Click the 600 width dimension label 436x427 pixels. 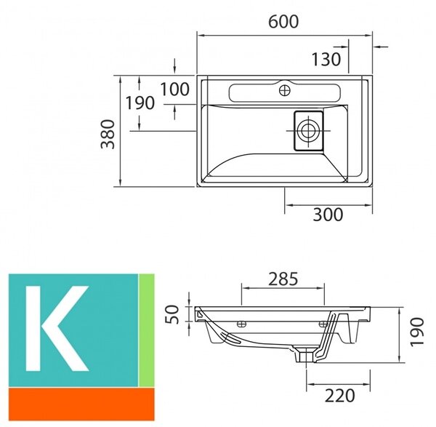point(283,22)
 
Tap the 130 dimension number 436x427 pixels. point(326,60)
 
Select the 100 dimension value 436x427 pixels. point(175,89)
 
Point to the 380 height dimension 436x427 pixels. point(108,134)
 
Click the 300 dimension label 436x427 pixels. point(328,215)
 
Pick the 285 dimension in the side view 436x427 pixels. point(283,279)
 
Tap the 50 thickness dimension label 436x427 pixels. point(172,314)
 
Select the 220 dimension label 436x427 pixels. point(340,396)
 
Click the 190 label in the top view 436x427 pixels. point(140,103)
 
